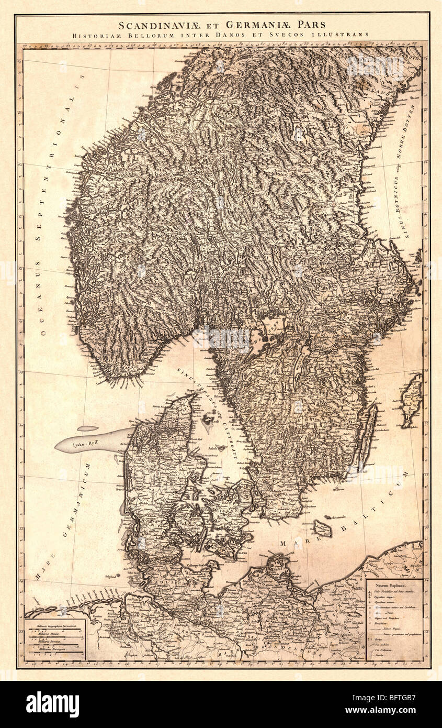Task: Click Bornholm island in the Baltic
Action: pos(323,528)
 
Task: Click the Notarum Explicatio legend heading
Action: pos(390,583)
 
